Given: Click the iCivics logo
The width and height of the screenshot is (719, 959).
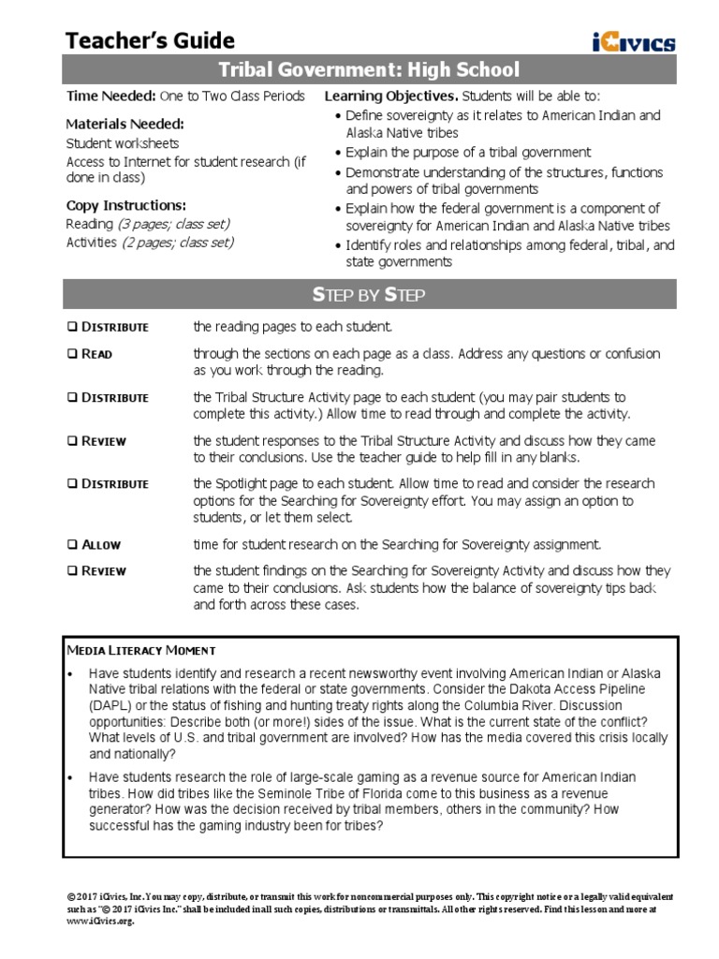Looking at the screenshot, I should coord(633,41).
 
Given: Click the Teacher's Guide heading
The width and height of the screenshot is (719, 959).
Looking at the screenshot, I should coord(150,40).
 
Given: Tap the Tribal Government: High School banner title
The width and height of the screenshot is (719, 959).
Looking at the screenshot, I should coord(368,70).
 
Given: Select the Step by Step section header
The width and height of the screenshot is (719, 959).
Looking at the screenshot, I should coord(368,295).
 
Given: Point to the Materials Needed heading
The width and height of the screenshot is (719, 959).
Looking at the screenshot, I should coord(125,124).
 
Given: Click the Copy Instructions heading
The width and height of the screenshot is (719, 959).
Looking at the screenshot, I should coord(125,205).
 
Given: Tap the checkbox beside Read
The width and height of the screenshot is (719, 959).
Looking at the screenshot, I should coord(72,354).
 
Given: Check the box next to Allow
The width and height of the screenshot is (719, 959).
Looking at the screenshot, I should coord(72,544).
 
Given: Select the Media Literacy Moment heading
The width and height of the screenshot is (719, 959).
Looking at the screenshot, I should coord(141,650).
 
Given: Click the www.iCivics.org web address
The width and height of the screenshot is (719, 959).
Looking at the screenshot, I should coord(99,922).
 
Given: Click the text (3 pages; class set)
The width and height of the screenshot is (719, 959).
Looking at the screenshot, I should coord(174,224).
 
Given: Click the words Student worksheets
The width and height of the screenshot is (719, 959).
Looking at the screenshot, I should coord(122,143).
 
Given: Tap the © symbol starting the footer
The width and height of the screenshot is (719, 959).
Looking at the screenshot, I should coord(70,896).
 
